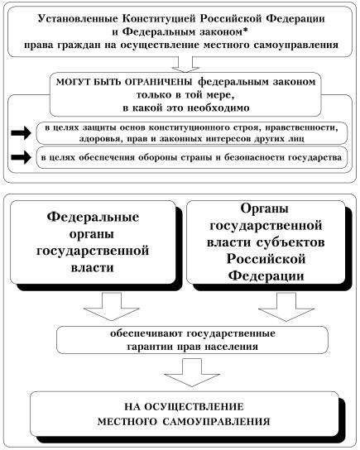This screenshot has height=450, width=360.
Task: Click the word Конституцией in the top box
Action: (x=160, y=19)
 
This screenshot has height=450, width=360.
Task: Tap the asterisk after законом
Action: (x=246, y=30)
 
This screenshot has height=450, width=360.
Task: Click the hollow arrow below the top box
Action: (x=185, y=65)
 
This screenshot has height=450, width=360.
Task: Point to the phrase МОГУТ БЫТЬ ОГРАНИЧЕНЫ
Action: (x=124, y=83)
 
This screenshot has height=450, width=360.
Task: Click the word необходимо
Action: (x=218, y=108)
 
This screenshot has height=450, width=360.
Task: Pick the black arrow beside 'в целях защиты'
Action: (x=21, y=133)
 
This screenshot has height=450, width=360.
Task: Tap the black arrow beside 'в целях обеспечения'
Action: (x=21, y=157)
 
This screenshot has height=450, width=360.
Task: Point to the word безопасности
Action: (x=255, y=157)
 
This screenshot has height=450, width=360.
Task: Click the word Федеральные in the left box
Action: (x=93, y=218)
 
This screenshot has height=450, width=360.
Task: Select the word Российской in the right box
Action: (x=266, y=260)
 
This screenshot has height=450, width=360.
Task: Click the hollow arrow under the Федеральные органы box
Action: (x=112, y=306)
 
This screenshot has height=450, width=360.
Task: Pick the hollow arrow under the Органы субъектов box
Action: (x=286, y=307)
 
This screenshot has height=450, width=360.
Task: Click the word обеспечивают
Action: (x=146, y=333)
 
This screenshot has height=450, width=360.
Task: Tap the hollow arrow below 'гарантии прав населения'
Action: (x=192, y=372)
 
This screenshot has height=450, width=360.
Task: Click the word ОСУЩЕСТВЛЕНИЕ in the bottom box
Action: (x=194, y=407)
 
